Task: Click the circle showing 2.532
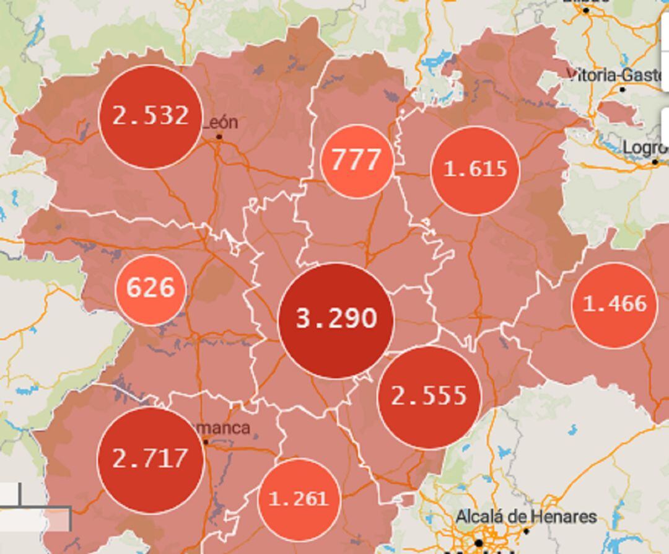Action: [x=151, y=117]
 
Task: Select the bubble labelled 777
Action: [x=357, y=160]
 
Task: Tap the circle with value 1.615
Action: [x=475, y=170]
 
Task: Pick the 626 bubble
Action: [x=150, y=289]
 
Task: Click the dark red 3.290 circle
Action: [x=336, y=320]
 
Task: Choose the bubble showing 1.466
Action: [x=614, y=305]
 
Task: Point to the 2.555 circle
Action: [x=429, y=397]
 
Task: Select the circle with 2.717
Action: [x=151, y=459]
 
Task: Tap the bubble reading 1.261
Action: [x=299, y=499]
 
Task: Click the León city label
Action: [x=221, y=122]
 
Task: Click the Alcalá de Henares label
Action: [x=526, y=516]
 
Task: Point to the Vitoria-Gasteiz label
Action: [x=617, y=75]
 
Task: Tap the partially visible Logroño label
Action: [x=645, y=147]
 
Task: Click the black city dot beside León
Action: [x=219, y=136]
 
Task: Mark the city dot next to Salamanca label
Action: [x=206, y=441]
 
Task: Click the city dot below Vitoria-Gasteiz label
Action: [x=623, y=90]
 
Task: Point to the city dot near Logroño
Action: [x=655, y=162]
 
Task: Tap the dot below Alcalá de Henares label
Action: [x=526, y=531]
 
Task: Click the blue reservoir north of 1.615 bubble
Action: [x=437, y=61]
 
